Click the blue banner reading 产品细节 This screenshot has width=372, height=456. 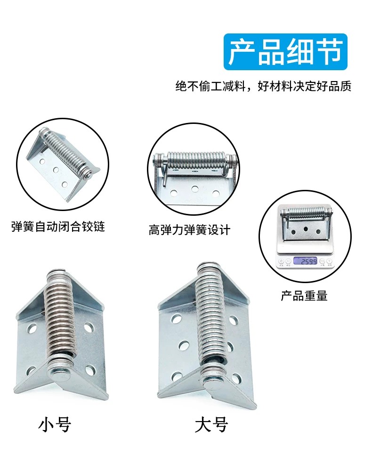(x=285, y=52)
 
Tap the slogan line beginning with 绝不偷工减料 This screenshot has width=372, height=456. (x=264, y=86)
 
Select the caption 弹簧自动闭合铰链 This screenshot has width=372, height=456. (x=58, y=227)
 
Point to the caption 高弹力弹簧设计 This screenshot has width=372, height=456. (x=189, y=230)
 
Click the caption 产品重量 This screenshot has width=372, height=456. (x=304, y=295)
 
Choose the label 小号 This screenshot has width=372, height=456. (x=55, y=425)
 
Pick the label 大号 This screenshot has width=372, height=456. (x=211, y=425)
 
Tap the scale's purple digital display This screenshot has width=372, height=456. (x=305, y=261)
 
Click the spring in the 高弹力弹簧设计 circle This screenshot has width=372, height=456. (x=194, y=160)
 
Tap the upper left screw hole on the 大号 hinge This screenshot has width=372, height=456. (x=175, y=319)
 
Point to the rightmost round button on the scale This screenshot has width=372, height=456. (x=329, y=261)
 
